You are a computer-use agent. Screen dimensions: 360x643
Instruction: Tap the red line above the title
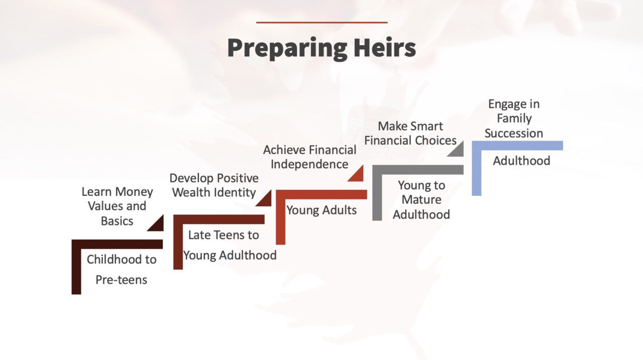point(321,22)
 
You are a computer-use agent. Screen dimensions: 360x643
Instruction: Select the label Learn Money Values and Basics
point(117,206)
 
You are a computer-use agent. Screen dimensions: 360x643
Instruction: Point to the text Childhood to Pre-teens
point(122,269)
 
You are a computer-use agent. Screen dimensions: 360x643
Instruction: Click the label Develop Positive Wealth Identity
point(213,185)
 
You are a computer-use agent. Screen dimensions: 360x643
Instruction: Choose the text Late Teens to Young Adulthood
point(230,245)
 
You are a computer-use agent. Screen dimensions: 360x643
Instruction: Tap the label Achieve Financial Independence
point(309,157)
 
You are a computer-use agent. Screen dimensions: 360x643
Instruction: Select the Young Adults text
point(321,210)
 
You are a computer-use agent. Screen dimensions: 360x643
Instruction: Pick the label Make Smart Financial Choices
point(410,133)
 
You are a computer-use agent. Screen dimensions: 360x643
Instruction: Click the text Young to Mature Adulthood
point(421,199)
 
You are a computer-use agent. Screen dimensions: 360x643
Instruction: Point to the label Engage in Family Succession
point(514,118)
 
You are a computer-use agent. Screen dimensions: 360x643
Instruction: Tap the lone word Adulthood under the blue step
point(521,161)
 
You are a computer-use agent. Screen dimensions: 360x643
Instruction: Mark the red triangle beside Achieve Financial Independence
point(357,174)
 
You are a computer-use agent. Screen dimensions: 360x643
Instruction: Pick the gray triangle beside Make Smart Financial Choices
point(458,150)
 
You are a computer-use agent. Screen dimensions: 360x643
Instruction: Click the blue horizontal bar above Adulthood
point(517,145)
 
